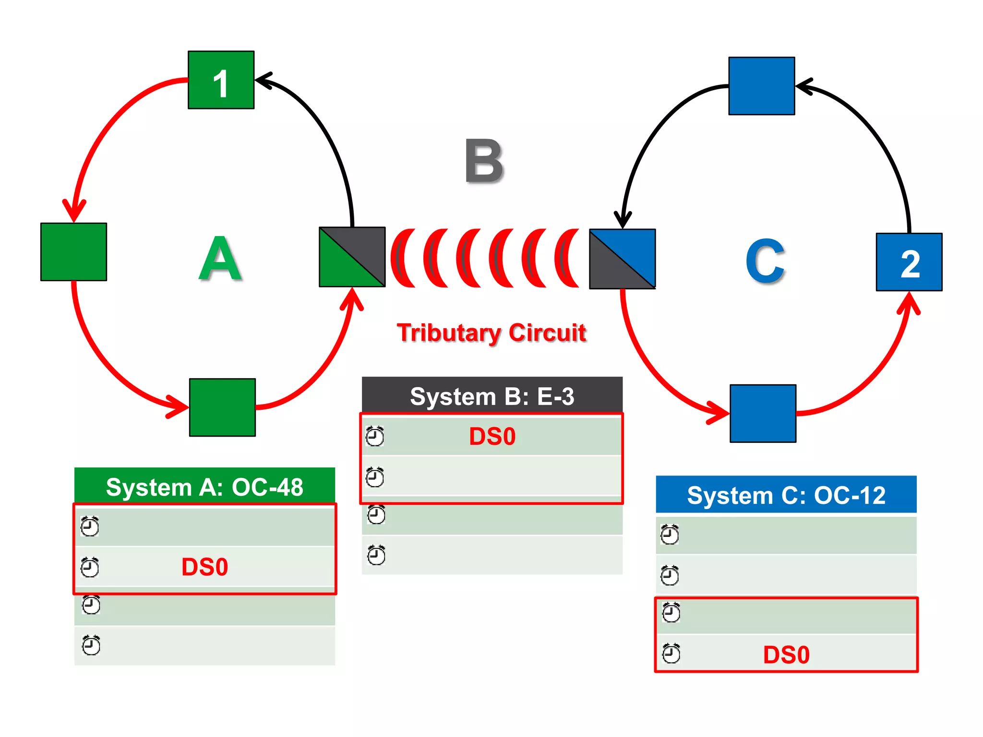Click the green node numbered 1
221,80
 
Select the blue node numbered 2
909,262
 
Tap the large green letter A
220,259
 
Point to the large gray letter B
484,161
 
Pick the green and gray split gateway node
352,257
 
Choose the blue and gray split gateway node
623,259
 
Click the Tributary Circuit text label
491,333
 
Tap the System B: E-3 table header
492,396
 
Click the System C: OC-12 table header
786,495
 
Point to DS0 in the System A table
204,567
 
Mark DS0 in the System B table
492,437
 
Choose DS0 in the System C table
786,655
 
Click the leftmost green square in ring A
73,252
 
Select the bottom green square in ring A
222,407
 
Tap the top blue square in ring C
762,86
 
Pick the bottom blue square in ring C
763,414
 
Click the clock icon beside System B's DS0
375,437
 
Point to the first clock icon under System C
670,535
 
